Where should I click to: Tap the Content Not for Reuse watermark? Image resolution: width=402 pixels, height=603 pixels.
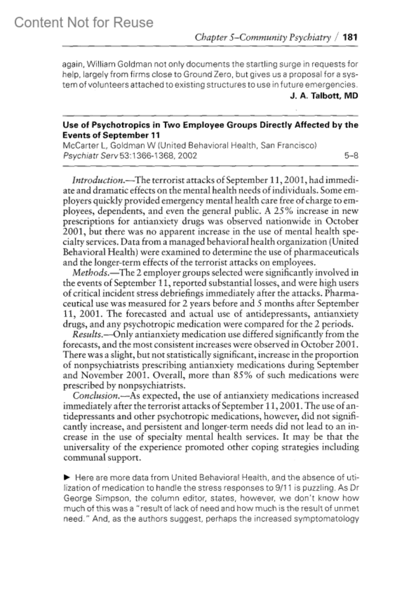click(84, 22)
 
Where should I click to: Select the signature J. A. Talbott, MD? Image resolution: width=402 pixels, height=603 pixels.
click(324, 96)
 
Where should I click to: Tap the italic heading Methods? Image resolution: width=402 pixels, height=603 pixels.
click(90, 273)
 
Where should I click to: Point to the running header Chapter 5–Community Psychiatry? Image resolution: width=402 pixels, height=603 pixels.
click(263, 37)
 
